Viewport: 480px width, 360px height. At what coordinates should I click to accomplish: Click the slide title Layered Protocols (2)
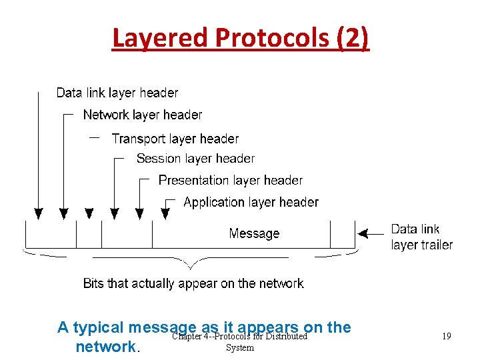click(240, 39)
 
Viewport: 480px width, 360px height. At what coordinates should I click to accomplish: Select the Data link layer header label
click(117, 93)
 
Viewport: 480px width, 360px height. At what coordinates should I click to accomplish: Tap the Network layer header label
click(142, 115)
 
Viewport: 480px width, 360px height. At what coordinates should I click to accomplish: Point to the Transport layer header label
click(175, 139)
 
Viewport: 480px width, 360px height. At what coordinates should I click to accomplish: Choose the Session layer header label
click(195, 159)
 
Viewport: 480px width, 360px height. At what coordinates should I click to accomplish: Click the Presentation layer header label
click(230, 180)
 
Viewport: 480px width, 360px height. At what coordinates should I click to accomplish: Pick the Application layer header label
click(251, 202)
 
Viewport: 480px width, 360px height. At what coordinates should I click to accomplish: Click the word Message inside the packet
click(254, 233)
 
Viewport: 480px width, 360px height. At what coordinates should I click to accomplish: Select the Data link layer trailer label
click(421, 237)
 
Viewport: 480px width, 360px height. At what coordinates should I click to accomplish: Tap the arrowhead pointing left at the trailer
click(363, 233)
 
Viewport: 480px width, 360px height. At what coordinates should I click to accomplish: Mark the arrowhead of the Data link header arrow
click(39, 213)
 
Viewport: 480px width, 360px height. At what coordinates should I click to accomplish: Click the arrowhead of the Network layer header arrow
click(63, 213)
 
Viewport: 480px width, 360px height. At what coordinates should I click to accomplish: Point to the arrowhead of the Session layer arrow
click(115, 213)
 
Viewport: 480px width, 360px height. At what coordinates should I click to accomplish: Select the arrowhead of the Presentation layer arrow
click(139, 213)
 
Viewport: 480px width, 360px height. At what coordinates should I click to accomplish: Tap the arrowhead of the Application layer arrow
click(165, 213)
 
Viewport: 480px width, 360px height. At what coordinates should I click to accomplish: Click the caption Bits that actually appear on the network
click(193, 283)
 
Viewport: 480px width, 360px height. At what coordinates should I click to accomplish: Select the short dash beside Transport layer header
click(94, 137)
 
